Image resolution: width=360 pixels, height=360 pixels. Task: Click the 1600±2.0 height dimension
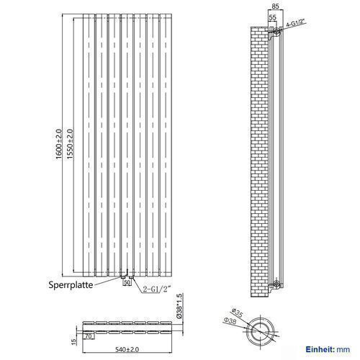pyautogui.click(x=59, y=144)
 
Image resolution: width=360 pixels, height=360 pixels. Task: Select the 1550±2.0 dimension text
pyautogui.click(x=70, y=144)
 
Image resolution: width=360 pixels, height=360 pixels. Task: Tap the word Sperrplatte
pyautogui.click(x=71, y=285)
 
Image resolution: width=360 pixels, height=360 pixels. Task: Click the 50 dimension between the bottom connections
pyautogui.click(x=127, y=282)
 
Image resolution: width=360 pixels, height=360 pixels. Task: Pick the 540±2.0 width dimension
pyautogui.click(x=127, y=349)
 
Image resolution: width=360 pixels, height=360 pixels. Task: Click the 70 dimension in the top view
pyautogui.click(x=89, y=336)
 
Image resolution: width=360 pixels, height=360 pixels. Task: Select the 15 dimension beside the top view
pyautogui.click(x=74, y=341)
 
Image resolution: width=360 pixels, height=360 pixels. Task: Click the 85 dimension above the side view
pyautogui.click(x=276, y=6)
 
